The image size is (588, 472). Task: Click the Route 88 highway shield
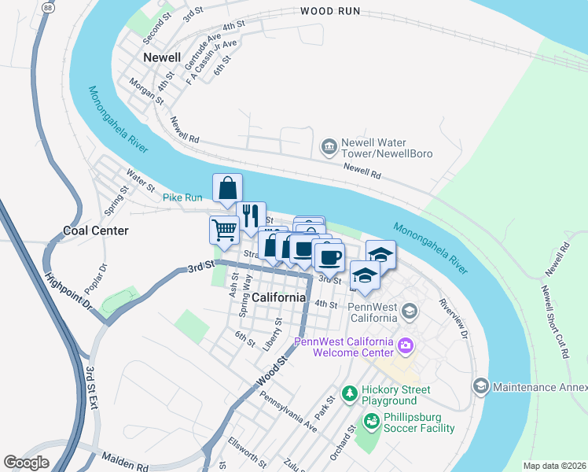click(48, 7)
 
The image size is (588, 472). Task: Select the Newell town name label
click(162, 57)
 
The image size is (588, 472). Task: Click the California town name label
click(279, 297)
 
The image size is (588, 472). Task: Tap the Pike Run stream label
click(182, 197)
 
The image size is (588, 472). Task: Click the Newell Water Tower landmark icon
click(329, 146)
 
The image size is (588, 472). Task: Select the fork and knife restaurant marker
click(251, 216)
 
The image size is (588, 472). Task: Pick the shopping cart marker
click(224, 229)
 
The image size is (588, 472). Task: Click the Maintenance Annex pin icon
click(480, 386)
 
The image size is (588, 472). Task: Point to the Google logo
click(26, 463)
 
